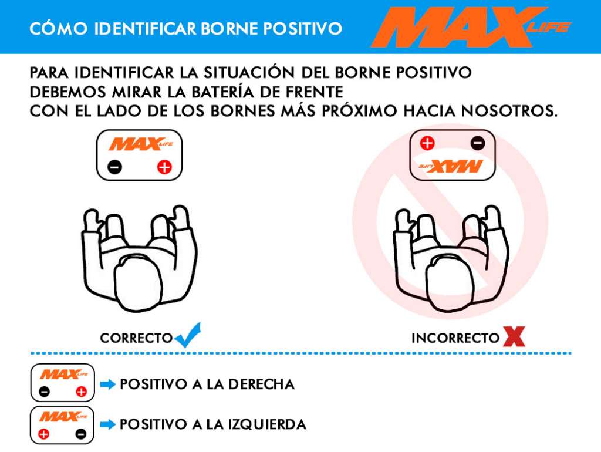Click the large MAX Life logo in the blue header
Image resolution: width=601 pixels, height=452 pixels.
point(471,27)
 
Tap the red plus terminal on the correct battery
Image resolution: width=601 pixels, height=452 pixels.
point(164,167)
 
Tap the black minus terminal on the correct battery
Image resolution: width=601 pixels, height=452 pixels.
point(114,167)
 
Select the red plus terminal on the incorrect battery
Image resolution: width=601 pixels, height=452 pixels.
point(427,143)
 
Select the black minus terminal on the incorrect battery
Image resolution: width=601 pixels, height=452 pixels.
point(478,143)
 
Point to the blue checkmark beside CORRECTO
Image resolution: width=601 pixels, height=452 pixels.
point(187,335)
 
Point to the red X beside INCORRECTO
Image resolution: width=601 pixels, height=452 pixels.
point(514,336)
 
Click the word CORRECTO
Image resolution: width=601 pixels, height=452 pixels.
point(136,338)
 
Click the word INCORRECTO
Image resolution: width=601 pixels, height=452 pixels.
point(455,338)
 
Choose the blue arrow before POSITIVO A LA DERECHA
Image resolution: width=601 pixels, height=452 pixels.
point(108,384)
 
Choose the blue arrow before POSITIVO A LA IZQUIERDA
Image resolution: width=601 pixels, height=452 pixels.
point(108,424)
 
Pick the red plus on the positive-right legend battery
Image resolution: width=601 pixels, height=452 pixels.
point(81,392)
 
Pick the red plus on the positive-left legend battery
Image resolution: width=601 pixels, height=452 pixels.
point(43,434)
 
